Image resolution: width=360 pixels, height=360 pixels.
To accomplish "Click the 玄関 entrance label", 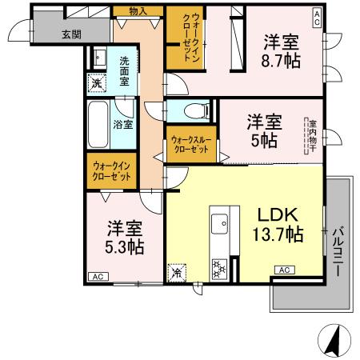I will [72, 34].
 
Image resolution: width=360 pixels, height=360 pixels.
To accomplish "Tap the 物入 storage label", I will [138, 11].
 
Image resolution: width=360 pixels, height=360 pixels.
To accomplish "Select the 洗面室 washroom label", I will [128, 64].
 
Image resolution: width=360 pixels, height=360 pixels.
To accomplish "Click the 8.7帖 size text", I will [284, 60].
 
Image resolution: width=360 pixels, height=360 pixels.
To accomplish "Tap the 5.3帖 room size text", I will [126, 246].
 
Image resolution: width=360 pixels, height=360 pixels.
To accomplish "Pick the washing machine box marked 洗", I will [96, 82].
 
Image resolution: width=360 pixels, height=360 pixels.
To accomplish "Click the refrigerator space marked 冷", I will [177, 272].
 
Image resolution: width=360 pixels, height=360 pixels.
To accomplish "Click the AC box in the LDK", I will [284, 271].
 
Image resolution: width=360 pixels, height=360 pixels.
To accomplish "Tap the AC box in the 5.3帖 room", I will [96, 277].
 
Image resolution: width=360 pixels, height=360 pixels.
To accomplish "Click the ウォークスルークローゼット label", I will [190, 144].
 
